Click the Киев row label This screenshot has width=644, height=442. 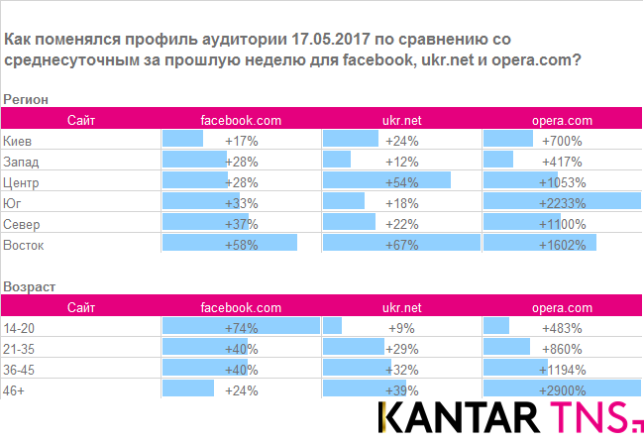(x=17, y=141)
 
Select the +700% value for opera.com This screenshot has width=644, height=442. (x=562, y=141)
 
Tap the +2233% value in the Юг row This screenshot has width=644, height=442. (x=562, y=203)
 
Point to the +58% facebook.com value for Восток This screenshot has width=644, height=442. (x=241, y=245)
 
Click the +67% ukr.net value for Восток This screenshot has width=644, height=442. (x=401, y=245)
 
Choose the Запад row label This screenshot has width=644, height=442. (x=22, y=162)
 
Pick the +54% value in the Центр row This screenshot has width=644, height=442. (x=401, y=182)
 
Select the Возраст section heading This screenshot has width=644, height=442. (x=30, y=286)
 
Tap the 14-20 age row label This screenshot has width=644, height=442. (x=20, y=328)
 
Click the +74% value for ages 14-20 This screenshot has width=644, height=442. (x=241, y=328)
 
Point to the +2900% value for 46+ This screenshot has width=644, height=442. (x=562, y=390)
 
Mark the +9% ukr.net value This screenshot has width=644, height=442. (x=401, y=328)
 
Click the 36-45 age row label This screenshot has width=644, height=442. (x=20, y=370)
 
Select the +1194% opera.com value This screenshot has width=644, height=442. (x=562, y=370)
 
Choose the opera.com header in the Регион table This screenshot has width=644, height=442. (x=562, y=120)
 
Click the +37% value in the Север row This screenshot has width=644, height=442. (x=241, y=224)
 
